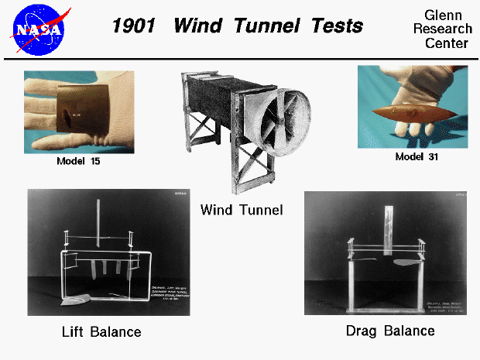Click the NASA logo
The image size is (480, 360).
click(39, 28)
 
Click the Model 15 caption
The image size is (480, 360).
click(78, 162)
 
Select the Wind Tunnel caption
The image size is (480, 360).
click(241, 209)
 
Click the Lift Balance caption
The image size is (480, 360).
click(101, 331)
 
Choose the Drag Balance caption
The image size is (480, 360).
click(389, 331)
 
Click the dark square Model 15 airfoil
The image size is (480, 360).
click(74, 116)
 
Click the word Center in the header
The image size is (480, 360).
click(446, 43)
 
